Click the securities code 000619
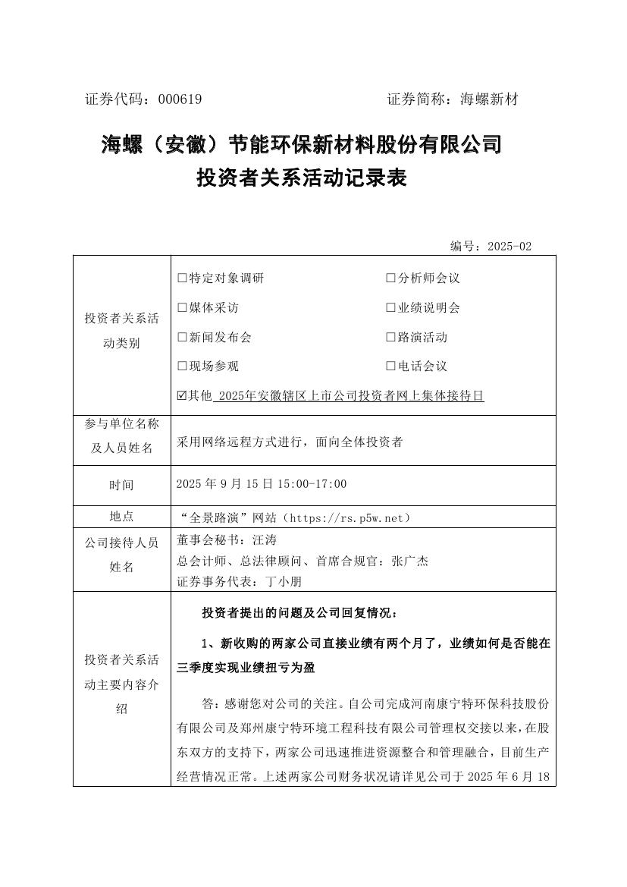[180, 99]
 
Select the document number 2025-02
[509, 247]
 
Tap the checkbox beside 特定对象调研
[181, 278]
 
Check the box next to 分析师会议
[391, 278]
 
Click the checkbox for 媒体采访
[181, 308]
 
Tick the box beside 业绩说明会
[391, 308]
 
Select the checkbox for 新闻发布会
[181, 338]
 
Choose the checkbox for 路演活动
[391, 338]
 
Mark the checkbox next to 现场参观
[181, 366]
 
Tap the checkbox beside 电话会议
[391, 366]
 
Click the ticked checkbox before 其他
[181, 396]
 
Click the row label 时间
[121, 485]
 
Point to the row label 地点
[121, 517]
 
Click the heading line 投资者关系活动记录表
[302, 178]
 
